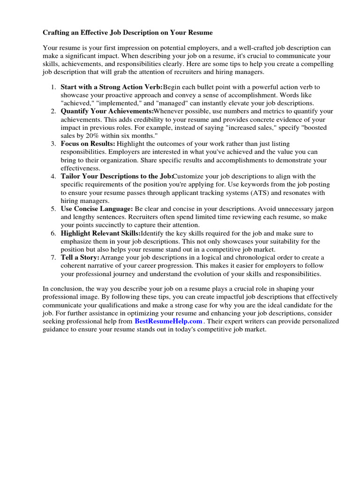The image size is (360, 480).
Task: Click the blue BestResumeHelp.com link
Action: (x=168, y=321)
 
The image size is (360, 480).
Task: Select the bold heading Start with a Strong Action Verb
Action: (x=111, y=87)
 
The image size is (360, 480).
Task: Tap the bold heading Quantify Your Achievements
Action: (x=107, y=111)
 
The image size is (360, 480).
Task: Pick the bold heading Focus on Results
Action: (x=88, y=143)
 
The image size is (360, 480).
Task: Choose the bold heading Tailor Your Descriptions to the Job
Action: (x=117, y=176)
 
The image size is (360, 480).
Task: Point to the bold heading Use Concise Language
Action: (x=97, y=209)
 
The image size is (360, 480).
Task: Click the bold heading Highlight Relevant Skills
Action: (x=100, y=233)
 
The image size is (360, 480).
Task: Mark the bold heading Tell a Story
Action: (x=80, y=257)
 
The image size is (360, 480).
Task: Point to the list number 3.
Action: (x=53, y=143)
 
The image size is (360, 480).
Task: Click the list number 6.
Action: (x=53, y=233)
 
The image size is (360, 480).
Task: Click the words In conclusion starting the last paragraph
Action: (x=61, y=289)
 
